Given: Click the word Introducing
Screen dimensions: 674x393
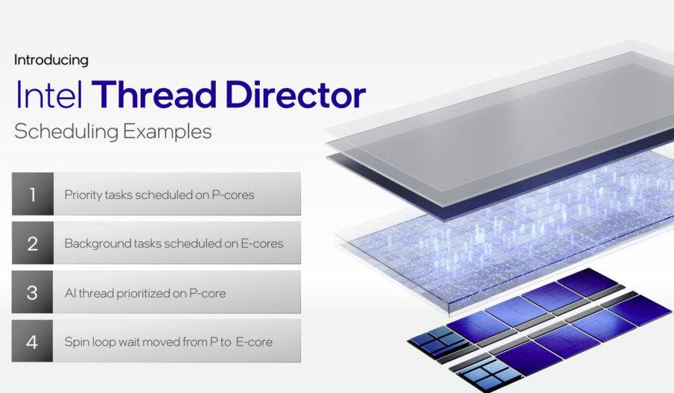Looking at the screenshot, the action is tap(51, 60).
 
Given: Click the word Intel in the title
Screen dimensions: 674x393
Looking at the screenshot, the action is tap(49, 94).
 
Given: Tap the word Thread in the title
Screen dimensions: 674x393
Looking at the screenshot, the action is tap(154, 94).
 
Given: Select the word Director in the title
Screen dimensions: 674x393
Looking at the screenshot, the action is tap(296, 94).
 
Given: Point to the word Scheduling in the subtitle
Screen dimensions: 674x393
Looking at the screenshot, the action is tap(66, 132).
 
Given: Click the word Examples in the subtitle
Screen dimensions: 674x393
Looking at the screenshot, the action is tap(168, 132).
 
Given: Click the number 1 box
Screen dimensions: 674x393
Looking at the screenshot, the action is tap(33, 194).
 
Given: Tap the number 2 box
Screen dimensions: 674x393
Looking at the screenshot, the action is tap(33, 243).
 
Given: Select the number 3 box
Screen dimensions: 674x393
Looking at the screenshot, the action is tap(32, 292).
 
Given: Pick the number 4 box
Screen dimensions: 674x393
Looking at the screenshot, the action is tap(32, 342).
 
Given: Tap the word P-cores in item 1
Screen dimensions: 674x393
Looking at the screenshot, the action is tap(233, 195).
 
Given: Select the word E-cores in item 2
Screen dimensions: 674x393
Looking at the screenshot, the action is tap(261, 244).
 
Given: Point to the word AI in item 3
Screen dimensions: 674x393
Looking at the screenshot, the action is tap(70, 293).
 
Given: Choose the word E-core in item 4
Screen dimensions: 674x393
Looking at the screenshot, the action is tap(254, 342).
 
